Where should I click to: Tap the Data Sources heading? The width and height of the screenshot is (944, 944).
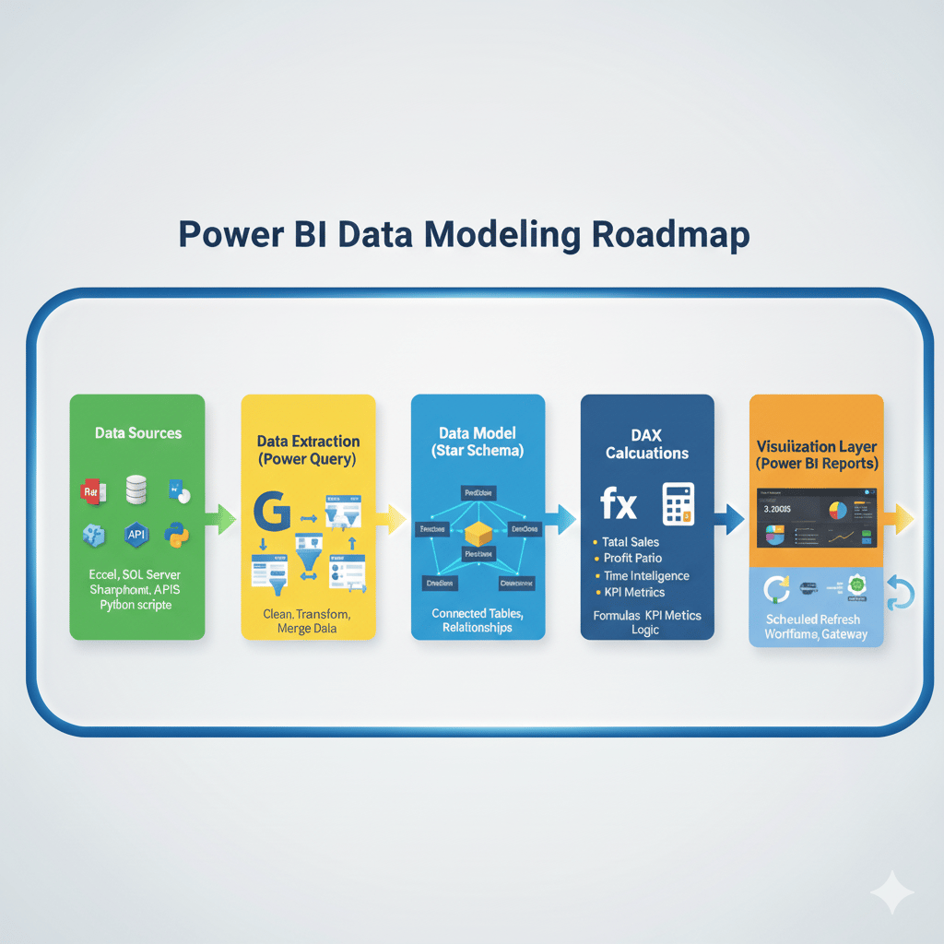click(138, 432)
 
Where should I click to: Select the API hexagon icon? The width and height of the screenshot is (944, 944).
click(136, 534)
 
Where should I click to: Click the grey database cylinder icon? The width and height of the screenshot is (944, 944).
click(136, 490)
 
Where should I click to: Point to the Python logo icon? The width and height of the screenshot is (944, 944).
click(177, 534)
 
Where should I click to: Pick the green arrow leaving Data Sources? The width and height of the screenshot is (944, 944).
click(221, 517)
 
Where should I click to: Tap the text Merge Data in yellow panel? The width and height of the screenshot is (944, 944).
click(308, 628)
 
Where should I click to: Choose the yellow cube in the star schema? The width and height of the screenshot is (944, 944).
click(479, 533)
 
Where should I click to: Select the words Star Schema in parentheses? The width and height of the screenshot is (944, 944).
click(478, 451)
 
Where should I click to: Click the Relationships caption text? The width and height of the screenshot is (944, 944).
click(478, 628)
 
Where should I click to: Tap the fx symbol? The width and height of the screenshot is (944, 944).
click(618, 503)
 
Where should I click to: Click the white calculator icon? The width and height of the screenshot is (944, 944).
click(678, 504)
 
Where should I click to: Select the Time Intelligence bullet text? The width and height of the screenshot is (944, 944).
click(646, 575)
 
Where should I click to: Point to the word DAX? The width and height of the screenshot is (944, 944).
click(646, 434)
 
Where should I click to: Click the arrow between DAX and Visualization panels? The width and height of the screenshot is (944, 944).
click(730, 520)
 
